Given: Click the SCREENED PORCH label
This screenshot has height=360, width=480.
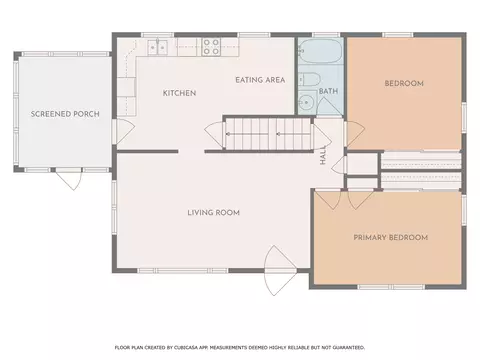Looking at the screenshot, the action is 65,114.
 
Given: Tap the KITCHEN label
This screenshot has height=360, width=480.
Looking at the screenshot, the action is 179,93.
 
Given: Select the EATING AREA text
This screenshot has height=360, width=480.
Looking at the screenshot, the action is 260,80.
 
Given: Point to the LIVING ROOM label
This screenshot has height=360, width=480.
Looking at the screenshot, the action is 214,213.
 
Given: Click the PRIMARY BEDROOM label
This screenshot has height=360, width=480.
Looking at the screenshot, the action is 391,238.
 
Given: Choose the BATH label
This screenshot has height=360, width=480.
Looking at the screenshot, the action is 328,91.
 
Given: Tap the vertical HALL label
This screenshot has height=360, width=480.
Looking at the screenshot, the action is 323,155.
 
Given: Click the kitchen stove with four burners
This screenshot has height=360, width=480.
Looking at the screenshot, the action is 212,47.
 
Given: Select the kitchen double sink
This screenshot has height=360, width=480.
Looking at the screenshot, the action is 158,47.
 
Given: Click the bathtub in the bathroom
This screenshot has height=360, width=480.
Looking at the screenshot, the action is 320,51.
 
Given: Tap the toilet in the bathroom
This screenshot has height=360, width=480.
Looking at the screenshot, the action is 309,79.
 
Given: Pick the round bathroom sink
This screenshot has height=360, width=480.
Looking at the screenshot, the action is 307,102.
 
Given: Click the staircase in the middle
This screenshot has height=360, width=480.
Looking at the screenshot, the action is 268,134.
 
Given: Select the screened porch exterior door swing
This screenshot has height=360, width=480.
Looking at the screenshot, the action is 69,180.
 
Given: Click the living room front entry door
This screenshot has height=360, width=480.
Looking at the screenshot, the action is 280,271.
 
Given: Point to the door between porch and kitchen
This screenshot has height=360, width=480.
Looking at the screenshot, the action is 124,132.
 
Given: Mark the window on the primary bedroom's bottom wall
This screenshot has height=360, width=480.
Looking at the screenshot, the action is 391,287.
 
